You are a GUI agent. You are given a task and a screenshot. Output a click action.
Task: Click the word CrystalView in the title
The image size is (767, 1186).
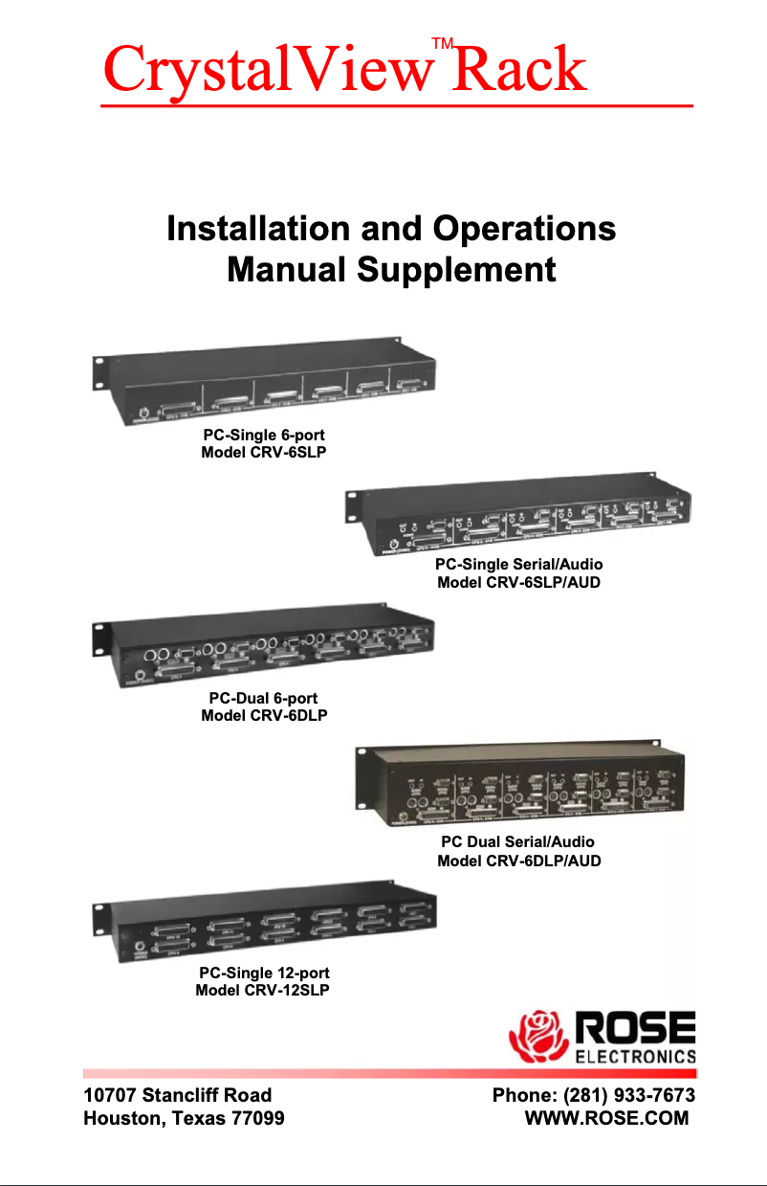[266, 70]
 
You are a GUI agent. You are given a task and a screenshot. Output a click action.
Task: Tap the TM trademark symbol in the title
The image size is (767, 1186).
[442, 43]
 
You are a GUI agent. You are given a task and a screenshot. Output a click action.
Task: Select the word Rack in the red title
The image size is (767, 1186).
[519, 70]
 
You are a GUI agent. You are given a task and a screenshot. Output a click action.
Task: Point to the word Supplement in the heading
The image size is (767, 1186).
[456, 271]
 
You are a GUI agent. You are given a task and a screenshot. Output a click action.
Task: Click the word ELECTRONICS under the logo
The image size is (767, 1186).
[635, 1057]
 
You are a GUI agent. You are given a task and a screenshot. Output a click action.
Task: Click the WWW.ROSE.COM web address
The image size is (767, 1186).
[606, 1118]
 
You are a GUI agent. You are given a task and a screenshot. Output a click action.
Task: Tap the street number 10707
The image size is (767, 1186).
[109, 1095]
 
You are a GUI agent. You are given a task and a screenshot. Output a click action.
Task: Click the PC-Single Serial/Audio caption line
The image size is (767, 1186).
[519, 564]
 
